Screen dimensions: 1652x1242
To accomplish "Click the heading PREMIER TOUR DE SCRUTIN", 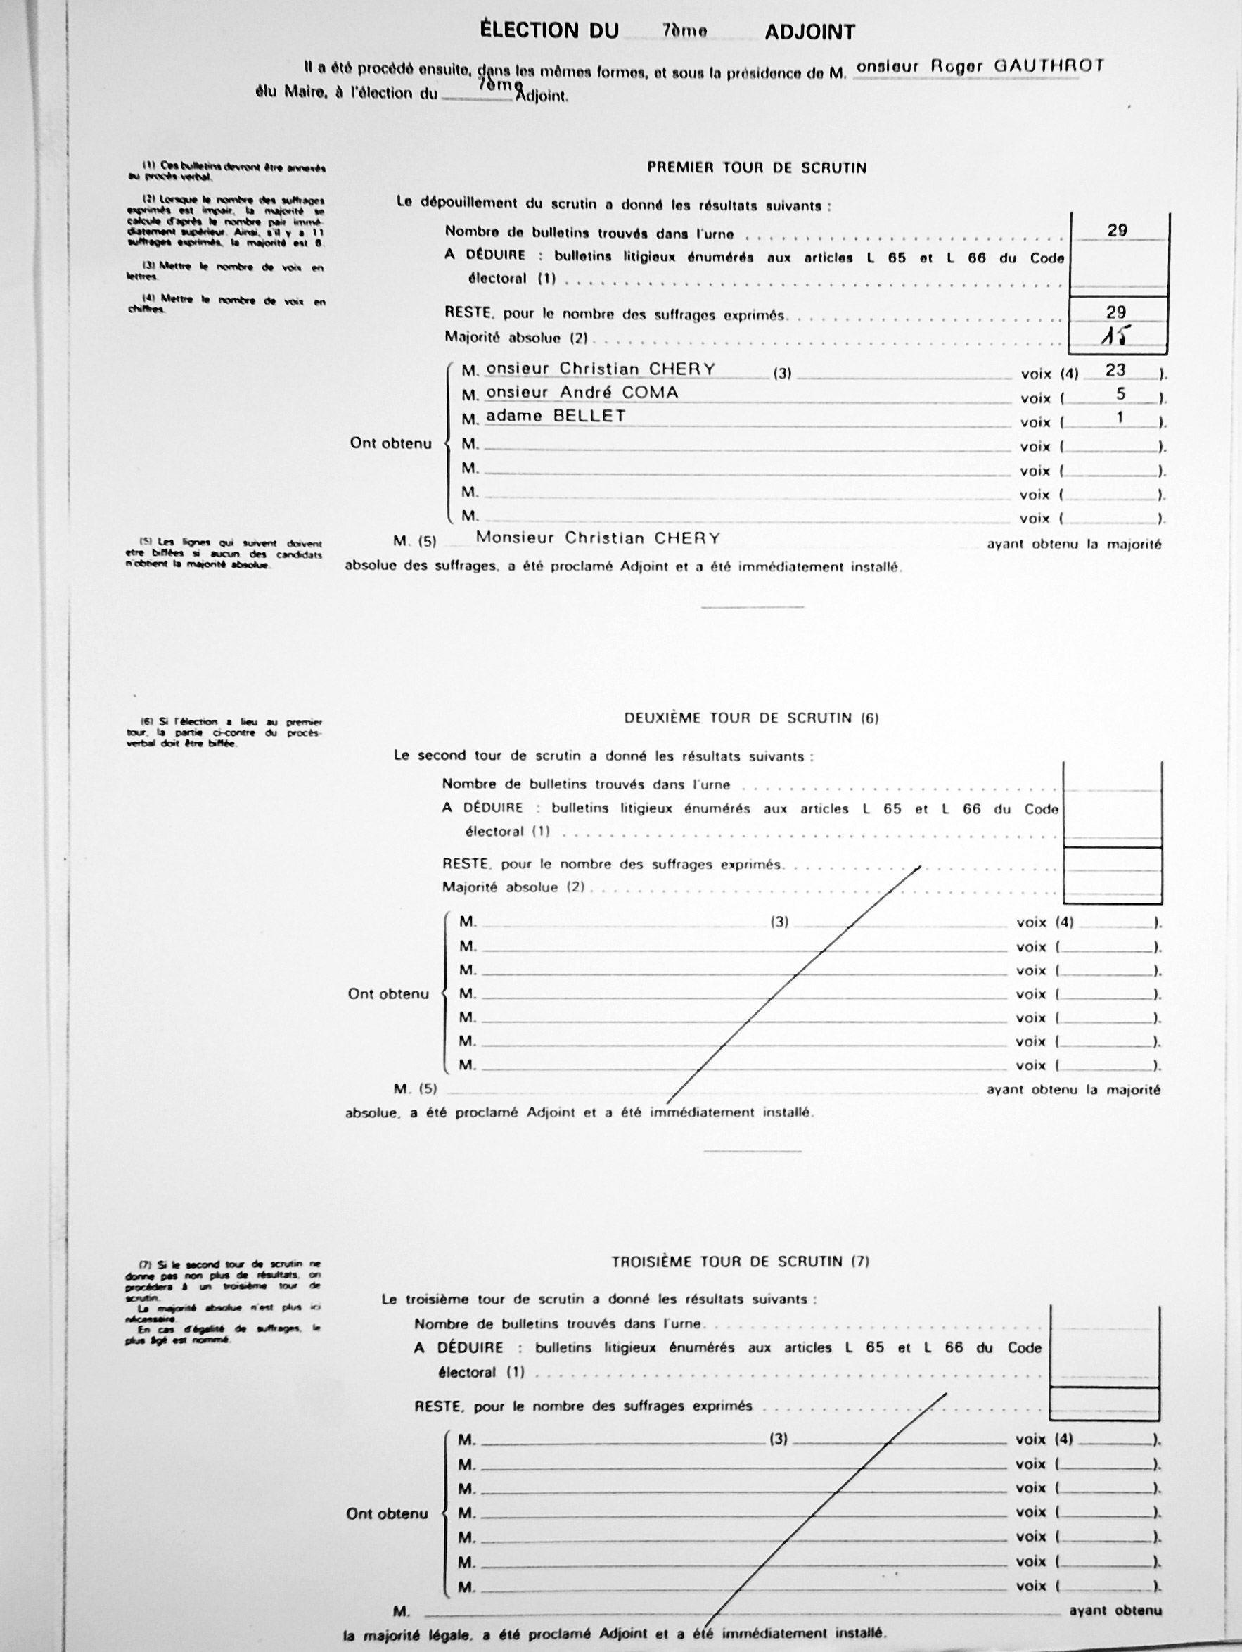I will click(756, 168).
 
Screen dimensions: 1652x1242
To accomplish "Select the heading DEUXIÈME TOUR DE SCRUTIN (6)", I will click(751, 718).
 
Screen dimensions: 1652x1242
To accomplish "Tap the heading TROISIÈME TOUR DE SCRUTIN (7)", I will click(741, 1262).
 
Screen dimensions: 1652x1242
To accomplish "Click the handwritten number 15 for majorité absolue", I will click(1116, 338).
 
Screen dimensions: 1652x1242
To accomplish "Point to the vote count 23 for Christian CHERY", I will click(1115, 370).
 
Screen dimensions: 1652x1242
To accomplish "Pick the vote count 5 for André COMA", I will click(1120, 393).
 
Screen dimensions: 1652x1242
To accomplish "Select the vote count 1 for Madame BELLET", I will click(1120, 417).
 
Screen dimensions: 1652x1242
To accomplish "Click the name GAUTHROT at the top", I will click(1048, 65).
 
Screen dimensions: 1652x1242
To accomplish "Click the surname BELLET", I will click(589, 416).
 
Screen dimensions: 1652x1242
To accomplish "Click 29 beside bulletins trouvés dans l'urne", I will click(1117, 231).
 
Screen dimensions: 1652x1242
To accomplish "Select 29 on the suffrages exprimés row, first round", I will click(1116, 312).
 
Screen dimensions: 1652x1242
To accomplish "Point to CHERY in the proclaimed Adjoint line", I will click(686, 538).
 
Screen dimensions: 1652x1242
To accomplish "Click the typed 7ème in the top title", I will click(684, 31).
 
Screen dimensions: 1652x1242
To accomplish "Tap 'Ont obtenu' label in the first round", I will click(390, 444).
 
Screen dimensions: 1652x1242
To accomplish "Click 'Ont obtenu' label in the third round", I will click(387, 1514).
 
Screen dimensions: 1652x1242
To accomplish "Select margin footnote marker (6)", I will click(147, 722).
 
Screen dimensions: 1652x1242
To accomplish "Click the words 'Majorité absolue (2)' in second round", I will click(513, 887).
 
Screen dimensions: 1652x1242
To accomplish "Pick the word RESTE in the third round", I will click(437, 1406).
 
